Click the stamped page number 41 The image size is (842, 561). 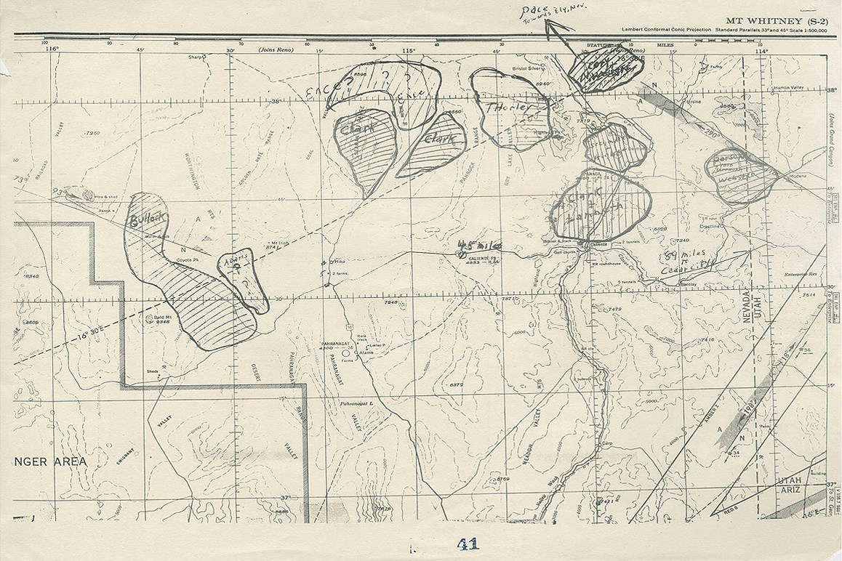(x=468, y=544)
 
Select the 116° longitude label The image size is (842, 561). (x=51, y=49)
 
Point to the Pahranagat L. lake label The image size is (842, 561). (x=356, y=403)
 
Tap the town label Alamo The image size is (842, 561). (x=366, y=352)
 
